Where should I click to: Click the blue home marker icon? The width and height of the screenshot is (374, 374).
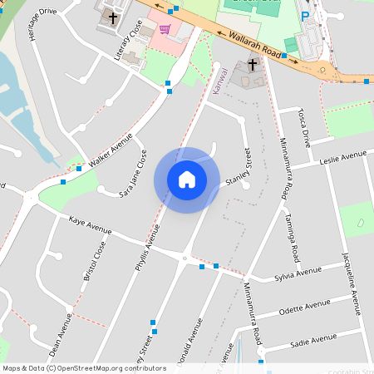point(187,180)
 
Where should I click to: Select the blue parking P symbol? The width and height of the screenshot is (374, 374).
point(305,16)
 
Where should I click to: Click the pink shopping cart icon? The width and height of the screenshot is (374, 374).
point(165,30)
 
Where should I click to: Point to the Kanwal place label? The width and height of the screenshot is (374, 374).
point(220,81)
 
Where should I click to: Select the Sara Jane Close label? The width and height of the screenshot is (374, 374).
point(133,175)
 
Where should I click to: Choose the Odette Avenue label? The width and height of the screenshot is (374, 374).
point(307,308)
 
